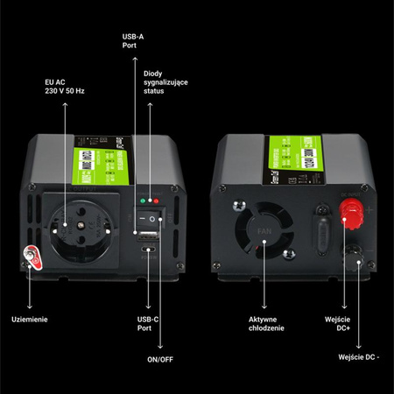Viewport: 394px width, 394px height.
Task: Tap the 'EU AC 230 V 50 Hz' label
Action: tap(64, 88)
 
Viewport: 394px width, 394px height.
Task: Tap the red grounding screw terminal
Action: tap(31, 257)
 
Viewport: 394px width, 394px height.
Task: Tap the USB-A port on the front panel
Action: tap(145, 236)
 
